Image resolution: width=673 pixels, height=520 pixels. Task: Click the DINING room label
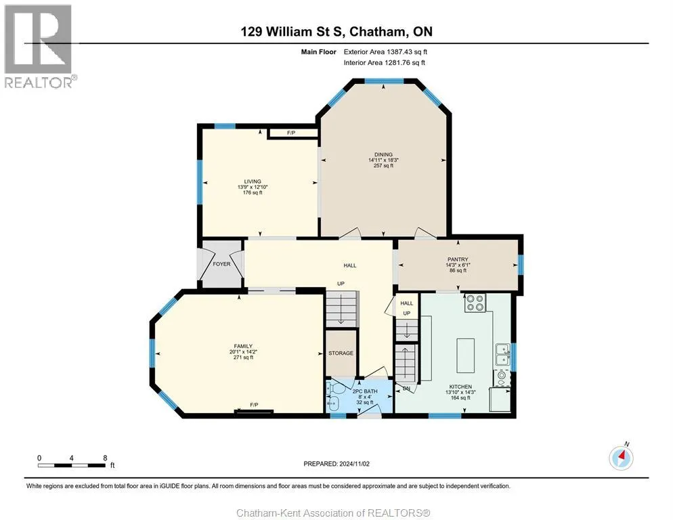[383, 154]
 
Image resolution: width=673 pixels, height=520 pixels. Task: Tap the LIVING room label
[253, 181]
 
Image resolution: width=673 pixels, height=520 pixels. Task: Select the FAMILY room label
[243, 346]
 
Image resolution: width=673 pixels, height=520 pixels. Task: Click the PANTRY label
[458, 259]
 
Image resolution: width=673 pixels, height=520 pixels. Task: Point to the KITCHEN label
[460, 387]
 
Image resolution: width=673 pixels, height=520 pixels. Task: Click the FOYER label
[221, 264]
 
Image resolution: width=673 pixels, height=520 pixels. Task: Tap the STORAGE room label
[341, 353]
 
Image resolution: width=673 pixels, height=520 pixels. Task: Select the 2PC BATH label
[365, 391]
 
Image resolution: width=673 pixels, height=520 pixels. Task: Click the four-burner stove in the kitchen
[475, 302]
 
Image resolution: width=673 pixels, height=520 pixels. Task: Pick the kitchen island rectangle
[465, 355]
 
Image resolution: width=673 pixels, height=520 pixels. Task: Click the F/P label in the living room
[291, 133]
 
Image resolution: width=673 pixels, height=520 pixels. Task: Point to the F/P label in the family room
[254, 405]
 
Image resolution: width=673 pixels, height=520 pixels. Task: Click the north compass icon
[621, 457]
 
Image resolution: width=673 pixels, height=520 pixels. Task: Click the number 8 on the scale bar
[105, 458]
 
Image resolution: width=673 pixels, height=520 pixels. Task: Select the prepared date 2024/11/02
[354, 464]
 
